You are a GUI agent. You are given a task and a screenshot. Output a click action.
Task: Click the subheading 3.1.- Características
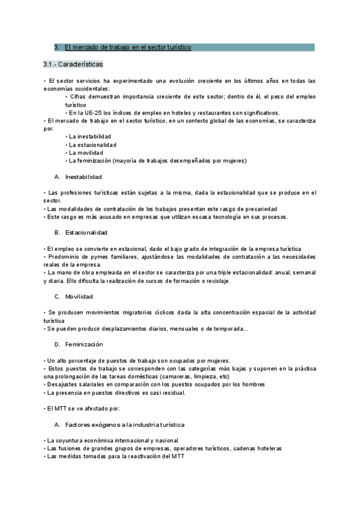[x=73, y=64]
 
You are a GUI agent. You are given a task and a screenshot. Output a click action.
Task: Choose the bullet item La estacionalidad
[x=92, y=145]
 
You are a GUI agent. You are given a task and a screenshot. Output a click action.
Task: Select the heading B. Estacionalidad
[x=81, y=232]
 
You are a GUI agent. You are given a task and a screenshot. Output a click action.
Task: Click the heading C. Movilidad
[x=76, y=297]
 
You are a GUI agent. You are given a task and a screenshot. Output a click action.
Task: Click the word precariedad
[x=259, y=208]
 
